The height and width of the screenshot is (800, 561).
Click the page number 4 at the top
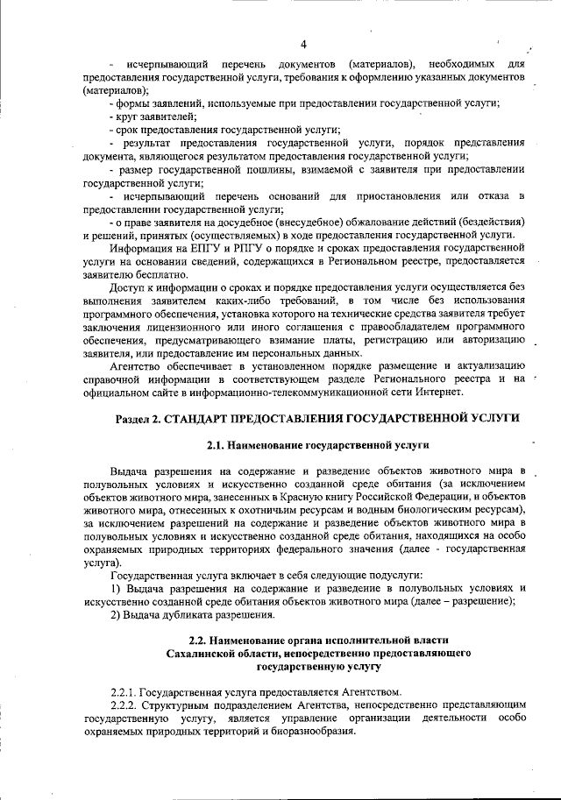(x=302, y=44)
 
